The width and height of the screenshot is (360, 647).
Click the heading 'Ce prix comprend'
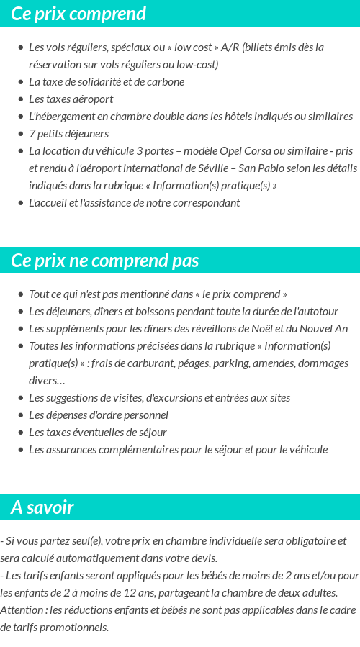78,14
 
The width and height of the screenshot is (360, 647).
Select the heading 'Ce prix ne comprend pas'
105,261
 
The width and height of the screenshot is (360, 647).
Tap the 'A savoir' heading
42,507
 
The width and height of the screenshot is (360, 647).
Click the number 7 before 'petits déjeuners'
32,134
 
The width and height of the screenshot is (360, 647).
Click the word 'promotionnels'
75,628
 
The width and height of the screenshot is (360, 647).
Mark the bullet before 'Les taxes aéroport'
20,99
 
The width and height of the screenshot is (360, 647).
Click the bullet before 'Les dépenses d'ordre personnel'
20,415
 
